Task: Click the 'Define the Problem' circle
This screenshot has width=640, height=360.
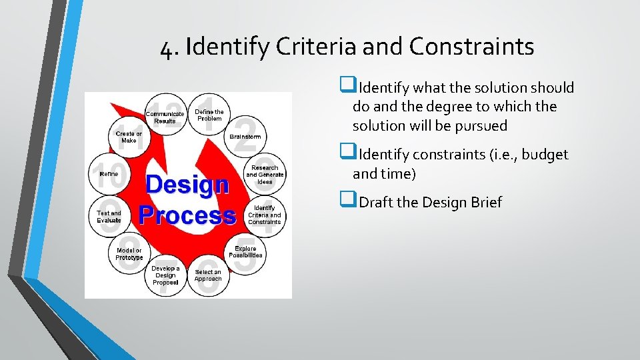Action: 209,115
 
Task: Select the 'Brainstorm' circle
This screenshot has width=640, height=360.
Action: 245,136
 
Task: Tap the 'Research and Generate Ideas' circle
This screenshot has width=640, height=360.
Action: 265,174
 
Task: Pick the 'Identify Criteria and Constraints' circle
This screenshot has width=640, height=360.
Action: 265,215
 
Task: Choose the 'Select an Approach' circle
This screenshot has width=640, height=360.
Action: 208,275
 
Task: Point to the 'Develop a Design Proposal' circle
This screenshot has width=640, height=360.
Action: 165,275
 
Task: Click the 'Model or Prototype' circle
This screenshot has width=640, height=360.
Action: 129,254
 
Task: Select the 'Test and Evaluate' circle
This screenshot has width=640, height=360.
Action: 109,216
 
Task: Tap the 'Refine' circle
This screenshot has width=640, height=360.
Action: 109,174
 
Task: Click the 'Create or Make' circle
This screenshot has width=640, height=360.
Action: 129,137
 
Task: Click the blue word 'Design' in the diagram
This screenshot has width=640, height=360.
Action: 187,185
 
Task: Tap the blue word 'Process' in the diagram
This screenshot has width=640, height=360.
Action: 187,215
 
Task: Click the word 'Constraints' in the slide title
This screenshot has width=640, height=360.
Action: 471,47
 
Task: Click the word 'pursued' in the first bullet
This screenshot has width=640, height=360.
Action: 481,125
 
